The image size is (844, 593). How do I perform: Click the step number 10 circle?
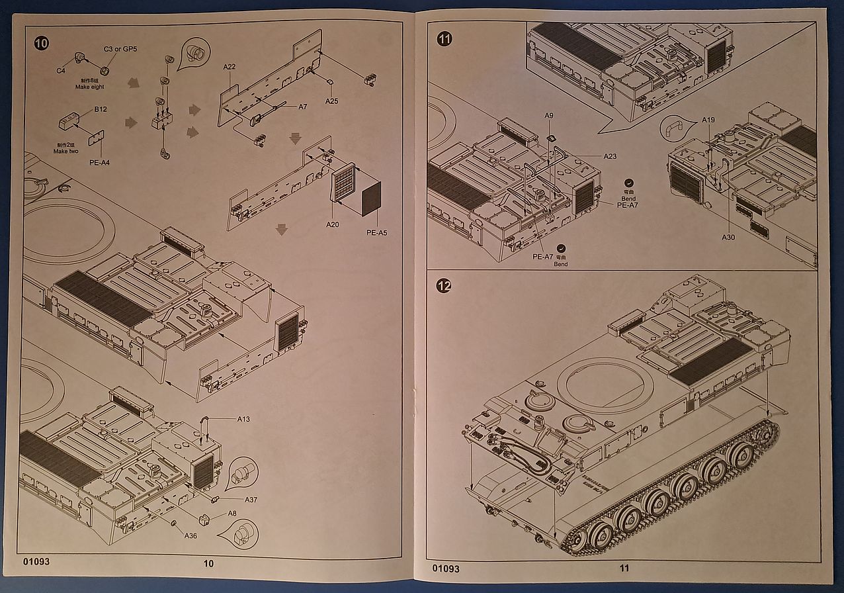pos(41,44)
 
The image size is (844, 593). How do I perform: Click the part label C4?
pos(61,69)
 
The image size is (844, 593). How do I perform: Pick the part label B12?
pos(101,109)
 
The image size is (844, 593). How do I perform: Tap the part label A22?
pos(230,67)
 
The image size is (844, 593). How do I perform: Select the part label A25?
pos(331,101)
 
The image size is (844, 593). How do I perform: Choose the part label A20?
pos(332,225)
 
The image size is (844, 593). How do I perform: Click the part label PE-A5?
pos(377,232)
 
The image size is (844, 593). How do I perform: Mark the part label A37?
pos(252,499)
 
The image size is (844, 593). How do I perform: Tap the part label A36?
pos(190,535)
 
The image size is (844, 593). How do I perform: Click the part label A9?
pos(548,116)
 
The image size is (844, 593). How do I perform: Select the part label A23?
pos(610,156)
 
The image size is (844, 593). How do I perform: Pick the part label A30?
pos(728,236)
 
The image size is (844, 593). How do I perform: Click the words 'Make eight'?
pos(90,87)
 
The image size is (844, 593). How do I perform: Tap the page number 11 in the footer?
pos(624,567)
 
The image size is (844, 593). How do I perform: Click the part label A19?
pos(708,120)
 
